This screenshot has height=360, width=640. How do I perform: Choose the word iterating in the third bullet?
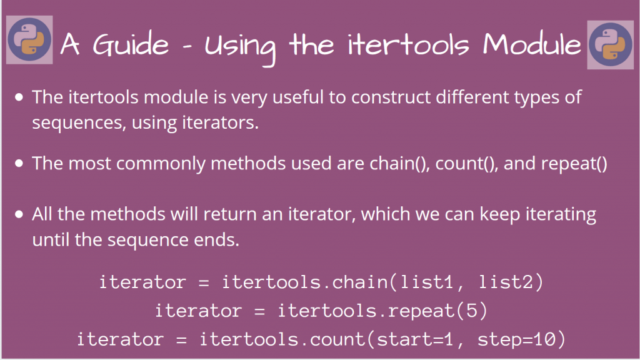pos(551,215)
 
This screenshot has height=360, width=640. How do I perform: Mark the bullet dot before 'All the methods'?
pos(19,214)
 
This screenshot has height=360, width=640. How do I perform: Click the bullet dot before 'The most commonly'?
pos(19,163)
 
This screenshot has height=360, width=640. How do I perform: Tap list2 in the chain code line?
pos(506,282)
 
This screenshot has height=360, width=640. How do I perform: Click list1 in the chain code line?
pos(428,282)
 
